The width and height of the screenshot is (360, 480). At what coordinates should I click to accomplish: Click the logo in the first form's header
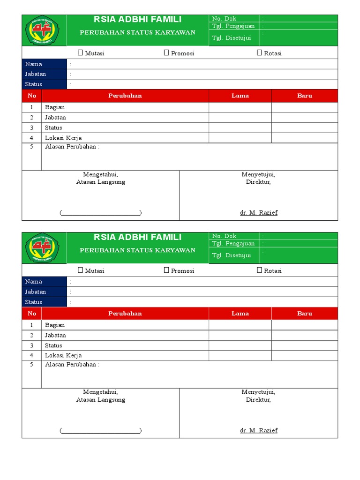tap(44, 30)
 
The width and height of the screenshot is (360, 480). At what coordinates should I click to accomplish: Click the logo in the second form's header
tap(44, 248)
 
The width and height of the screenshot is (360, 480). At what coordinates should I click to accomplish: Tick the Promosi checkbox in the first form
tap(166, 53)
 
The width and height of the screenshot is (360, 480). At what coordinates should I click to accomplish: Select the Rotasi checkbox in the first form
tap(259, 53)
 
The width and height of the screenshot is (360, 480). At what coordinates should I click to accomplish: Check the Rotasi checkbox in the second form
tap(259, 270)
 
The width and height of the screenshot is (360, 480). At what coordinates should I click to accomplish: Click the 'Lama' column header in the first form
tap(240, 96)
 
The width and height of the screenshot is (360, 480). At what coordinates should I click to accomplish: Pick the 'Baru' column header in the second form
tap(304, 314)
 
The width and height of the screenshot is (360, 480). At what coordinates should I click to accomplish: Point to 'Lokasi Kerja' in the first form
tap(63, 138)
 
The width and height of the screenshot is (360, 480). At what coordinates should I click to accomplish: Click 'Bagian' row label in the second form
tap(55, 325)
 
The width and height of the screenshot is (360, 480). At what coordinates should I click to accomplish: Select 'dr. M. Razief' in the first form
tap(259, 213)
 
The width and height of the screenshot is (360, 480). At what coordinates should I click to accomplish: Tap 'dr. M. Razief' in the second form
tap(259, 430)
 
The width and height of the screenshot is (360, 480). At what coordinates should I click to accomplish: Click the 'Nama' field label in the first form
tap(33, 64)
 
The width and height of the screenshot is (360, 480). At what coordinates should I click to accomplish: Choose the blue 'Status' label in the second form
tap(33, 302)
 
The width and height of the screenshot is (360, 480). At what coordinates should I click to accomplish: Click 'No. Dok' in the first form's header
tap(224, 19)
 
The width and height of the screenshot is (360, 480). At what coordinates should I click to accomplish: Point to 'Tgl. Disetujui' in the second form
tap(232, 255)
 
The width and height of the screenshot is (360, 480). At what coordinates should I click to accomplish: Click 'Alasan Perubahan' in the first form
tap(72, 147)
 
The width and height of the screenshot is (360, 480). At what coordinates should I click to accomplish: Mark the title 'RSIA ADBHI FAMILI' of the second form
tap(137, 237)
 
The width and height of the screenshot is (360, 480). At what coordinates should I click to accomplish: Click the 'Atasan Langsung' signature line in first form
tap(100, 213)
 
